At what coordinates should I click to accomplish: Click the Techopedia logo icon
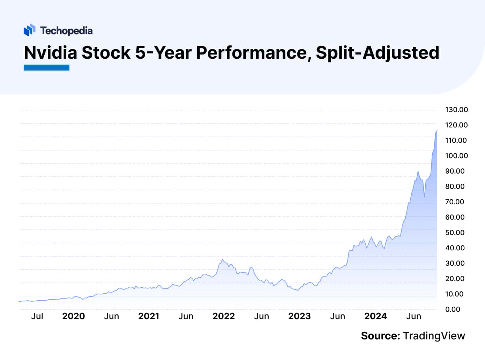click(x=30, y=30)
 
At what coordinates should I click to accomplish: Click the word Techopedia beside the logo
click(x=66, y=31)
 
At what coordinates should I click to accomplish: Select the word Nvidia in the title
click(x=51, y=53)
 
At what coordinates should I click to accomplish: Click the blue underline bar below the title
click(x=46, y=67)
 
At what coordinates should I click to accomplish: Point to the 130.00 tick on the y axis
click(x=456, y=110)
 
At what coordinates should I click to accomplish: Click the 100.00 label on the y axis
click(x=456, y=156)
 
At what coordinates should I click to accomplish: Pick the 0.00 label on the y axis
click(x=453, y=309)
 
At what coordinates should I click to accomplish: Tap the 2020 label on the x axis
click(x=73, y=316)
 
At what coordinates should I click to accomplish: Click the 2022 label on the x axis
click(x=224, y=316)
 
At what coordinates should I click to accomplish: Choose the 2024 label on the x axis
click(x=375, y=316)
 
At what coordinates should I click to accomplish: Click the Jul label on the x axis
click(x=37, y=316)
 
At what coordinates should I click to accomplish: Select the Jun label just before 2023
click(x=261, y=316)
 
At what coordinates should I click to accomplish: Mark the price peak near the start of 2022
click(x=222, y=259)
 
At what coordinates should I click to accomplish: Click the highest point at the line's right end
click(x=436, y=130)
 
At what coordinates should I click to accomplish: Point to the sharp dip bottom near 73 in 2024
click(x=424, y=197)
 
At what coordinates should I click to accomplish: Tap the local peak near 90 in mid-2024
click(x=418, y=171)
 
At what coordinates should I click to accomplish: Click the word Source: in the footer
click(x=380, y=336)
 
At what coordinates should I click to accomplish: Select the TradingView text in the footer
click(x=434, y=336)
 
